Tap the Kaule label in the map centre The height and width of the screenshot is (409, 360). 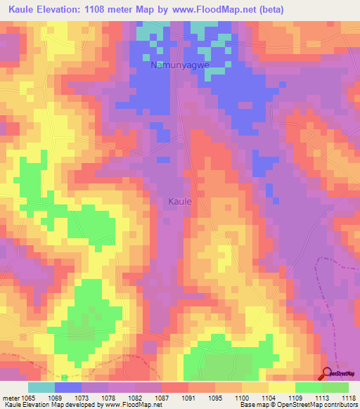point(180,201)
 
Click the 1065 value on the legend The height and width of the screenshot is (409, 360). point(28,397)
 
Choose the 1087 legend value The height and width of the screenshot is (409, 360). point(162,397)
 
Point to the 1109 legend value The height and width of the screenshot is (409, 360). point(295,397)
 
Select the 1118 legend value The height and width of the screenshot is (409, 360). point(349,397)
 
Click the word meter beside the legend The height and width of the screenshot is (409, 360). point(11,397)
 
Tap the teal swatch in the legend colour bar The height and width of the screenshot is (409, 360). point(41,387)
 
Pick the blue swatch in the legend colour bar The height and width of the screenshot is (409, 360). point(68,387)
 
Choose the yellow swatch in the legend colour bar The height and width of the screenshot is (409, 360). point(281,387)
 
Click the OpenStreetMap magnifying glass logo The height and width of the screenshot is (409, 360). point(327,375)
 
